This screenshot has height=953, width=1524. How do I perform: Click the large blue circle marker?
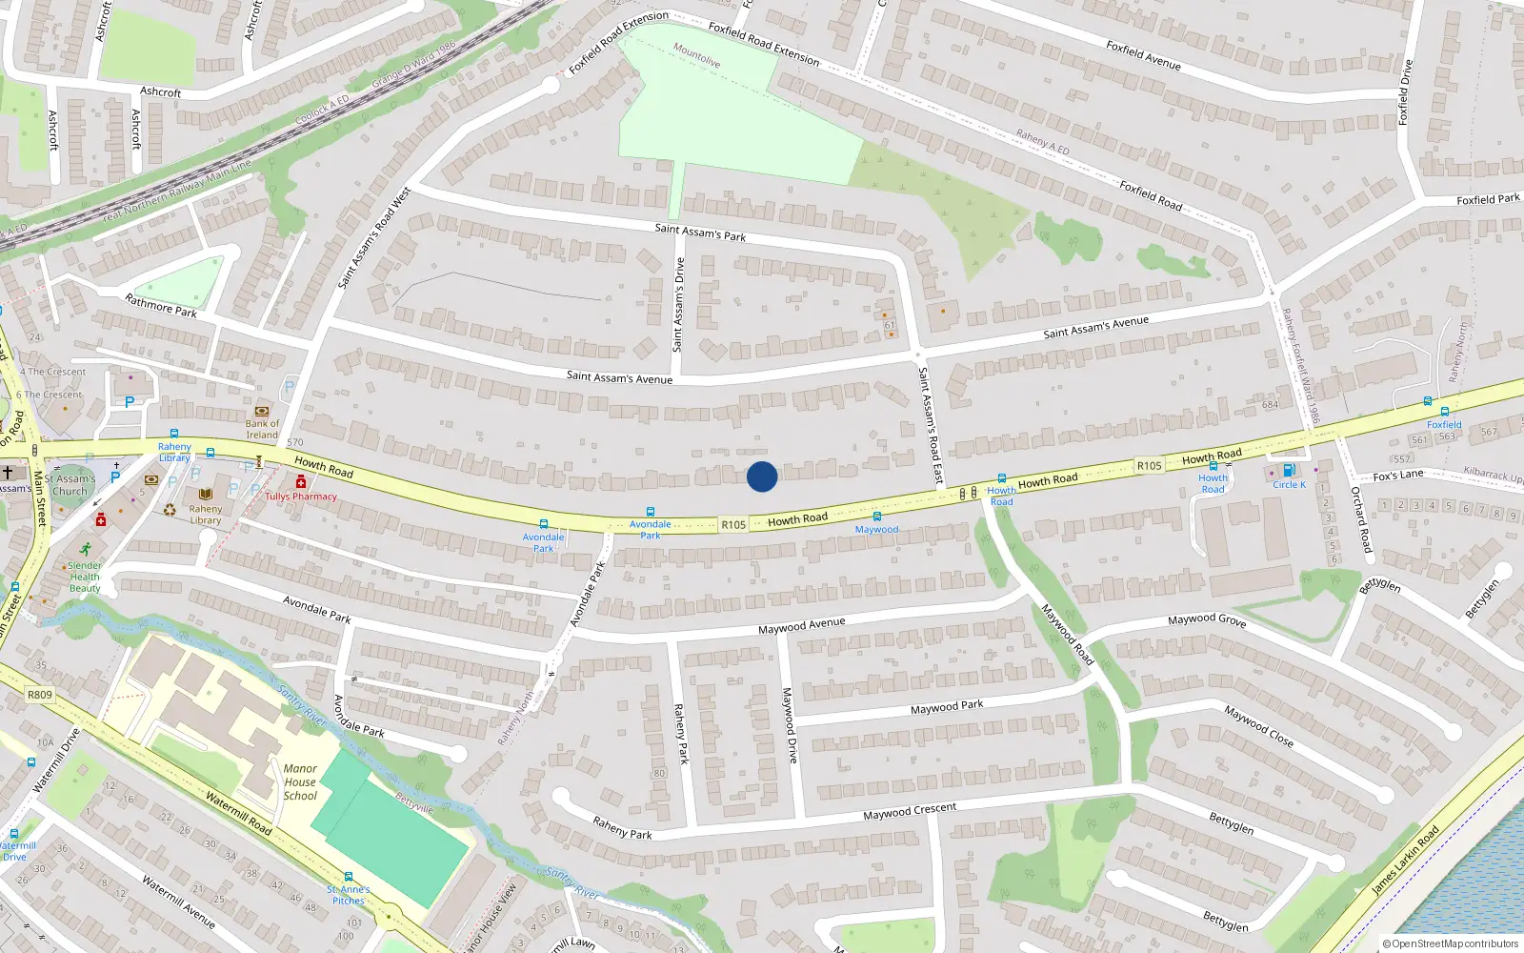762,476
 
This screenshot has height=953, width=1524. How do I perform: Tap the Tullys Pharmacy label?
301,497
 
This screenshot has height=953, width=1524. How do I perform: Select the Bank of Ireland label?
262,429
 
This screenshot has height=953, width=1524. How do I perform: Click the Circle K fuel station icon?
1289,471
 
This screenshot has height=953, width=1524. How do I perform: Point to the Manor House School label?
300,782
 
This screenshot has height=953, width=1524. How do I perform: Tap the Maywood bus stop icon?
877,517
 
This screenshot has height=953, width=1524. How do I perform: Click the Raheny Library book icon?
206,494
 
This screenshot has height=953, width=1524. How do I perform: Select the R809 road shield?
40,695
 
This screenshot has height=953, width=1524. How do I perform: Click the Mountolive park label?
696,55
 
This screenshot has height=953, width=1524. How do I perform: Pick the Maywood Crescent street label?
910,812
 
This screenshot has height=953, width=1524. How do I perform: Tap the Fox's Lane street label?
1398,476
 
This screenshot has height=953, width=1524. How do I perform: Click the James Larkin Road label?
1405,861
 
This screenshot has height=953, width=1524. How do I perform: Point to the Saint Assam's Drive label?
679,305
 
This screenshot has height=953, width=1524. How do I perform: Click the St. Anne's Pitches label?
349,895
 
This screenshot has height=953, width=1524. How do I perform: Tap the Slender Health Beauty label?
85,577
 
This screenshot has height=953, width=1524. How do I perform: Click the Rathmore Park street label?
161,305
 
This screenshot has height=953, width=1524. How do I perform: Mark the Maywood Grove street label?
1207,619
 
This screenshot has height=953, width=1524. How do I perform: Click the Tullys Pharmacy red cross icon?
301,482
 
